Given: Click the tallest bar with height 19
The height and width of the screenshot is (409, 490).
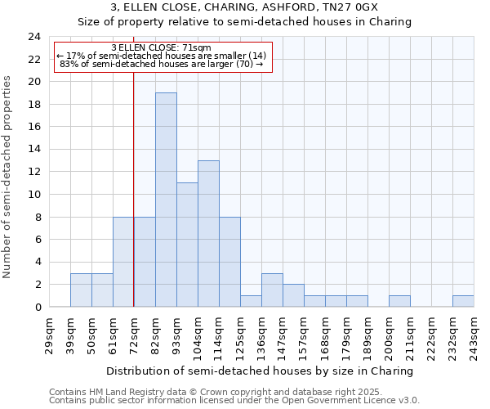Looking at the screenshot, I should (x=166, y=200).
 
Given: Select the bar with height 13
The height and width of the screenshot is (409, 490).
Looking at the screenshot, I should (x=208, y=233).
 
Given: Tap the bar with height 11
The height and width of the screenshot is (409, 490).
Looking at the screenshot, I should (x=187, y=245).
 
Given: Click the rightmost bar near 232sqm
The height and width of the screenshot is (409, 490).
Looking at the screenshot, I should (x=463, y=301).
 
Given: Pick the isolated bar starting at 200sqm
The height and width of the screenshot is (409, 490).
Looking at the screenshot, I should (x=399, y=301).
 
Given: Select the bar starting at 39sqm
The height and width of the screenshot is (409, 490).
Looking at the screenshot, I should (x=81, y=290).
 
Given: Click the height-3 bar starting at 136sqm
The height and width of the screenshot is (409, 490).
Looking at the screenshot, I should (x=272, y=290).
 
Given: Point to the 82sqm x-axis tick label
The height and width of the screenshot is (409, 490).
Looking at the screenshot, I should (x=154, y=335).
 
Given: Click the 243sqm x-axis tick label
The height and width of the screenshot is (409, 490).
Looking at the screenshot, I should (x=473, y=335).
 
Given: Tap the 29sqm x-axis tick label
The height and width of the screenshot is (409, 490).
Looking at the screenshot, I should (x=48, y=335).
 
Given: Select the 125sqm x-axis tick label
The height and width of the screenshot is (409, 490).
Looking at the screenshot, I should (x=239, y=335).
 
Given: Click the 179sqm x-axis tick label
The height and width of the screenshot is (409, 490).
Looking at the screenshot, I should (x=345, y=335).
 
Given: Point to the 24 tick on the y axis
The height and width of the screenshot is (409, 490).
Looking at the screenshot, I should (x=34, y=37).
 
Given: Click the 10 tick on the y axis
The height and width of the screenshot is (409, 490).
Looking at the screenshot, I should (x=34, y=195).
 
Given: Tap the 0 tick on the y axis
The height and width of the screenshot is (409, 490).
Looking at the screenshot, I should (x=38, y=307).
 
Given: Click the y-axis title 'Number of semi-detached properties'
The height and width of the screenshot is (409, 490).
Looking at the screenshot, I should (x=9, y=177).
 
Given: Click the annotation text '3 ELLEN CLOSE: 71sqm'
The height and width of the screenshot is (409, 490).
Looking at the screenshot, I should (x=161, y=47).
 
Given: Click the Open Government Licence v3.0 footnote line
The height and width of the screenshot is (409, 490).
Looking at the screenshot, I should (x=234, y=401).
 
